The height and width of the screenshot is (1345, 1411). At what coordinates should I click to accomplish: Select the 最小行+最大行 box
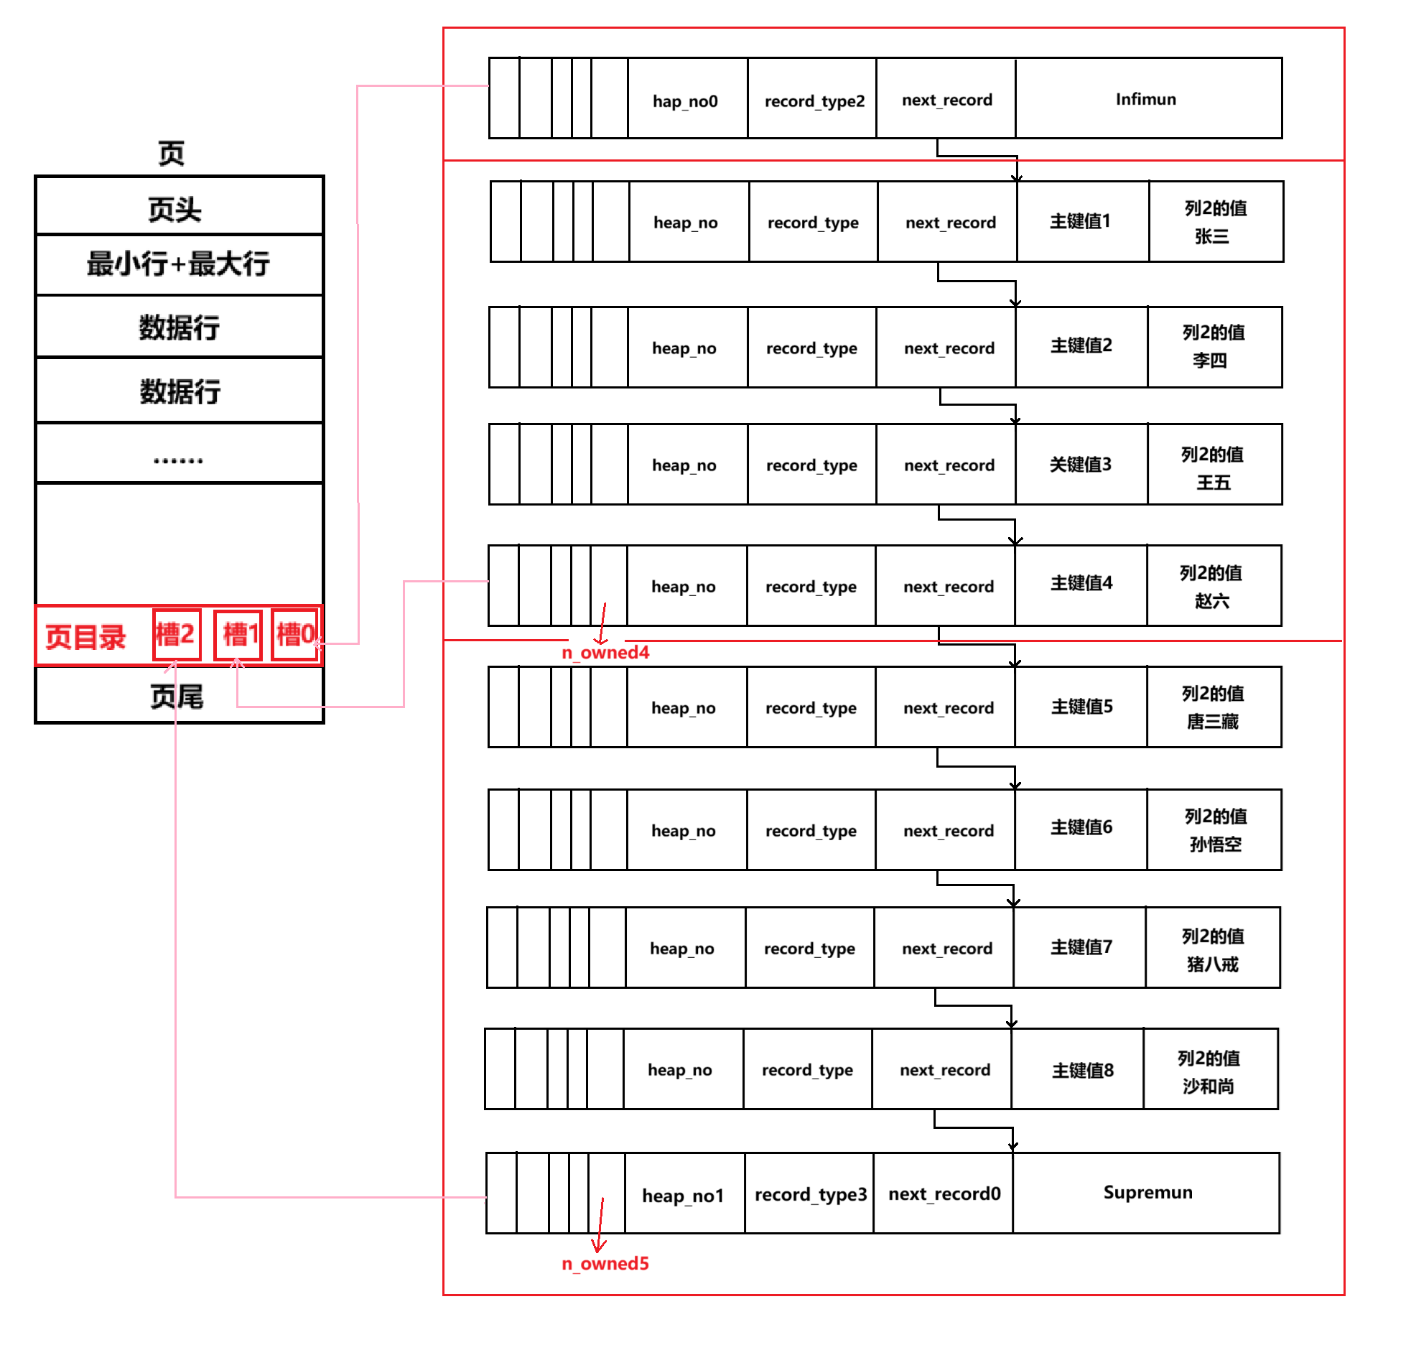tap(178, 264)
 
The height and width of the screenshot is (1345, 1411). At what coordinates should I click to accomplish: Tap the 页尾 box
tap(178, 696)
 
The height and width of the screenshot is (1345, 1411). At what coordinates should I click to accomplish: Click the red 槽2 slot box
tap(176, 635)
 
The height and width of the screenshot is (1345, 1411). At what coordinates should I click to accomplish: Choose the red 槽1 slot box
tap(238, 635)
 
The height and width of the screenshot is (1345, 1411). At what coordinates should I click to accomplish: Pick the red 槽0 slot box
tap(295, 635)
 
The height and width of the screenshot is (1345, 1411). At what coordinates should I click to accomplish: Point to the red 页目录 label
tap(85, 637)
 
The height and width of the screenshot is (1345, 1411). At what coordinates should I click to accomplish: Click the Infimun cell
tap(1147, 99)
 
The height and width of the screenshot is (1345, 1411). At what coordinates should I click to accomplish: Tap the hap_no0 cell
tap(686, 101)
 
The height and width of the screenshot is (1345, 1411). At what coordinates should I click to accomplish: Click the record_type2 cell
tap(813, 101)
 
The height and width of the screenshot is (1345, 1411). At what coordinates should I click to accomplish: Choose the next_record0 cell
tap(944, 1193)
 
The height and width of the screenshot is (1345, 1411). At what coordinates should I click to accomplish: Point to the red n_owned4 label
tap(605, 652)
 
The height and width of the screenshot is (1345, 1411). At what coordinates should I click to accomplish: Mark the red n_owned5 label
tap(605, 1263)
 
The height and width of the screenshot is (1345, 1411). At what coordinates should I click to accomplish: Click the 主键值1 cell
tap(1081, 221)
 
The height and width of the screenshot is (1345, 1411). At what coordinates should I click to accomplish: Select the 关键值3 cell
tap(1081, 465)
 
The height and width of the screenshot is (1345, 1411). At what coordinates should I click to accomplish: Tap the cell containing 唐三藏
tap(1214, 707)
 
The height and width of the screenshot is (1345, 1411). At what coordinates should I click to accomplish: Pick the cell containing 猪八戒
tap(1212, 948)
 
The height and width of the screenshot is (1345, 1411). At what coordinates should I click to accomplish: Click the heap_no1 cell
tap(684, 1195)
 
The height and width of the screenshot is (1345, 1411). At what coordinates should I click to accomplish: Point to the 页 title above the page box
tap(171, 153)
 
